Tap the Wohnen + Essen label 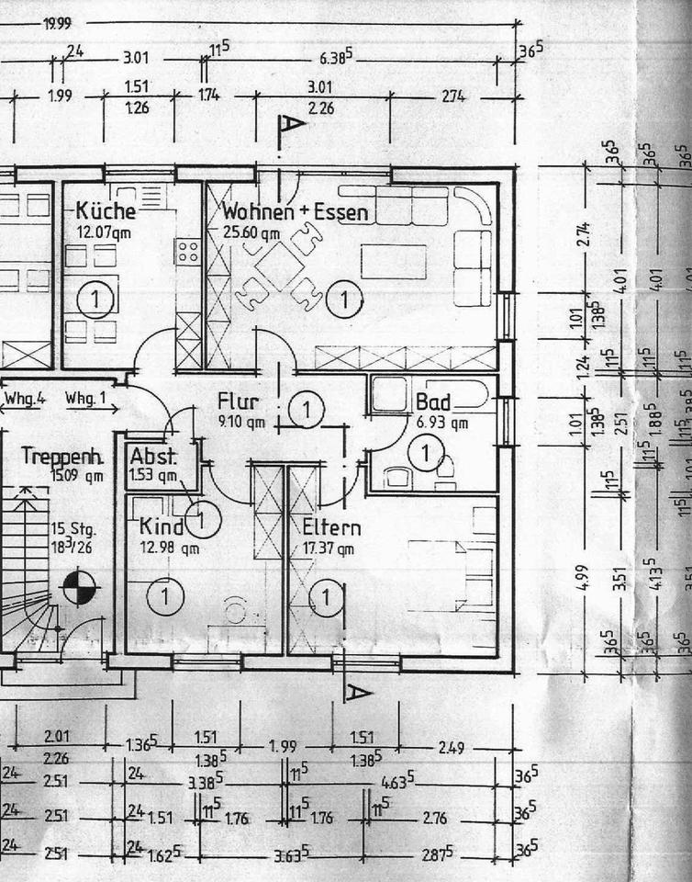(x=295, y=212)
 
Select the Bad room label (x=433, y=402)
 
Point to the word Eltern (x=331, y=527)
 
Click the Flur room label (x=238, y=401)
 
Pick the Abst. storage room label (x=152, y=456)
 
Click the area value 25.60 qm (x=251, y=232)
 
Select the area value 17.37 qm (x=329, y=549)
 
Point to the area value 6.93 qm (x=442, y=423)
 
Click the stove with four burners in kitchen (x=187, y=252)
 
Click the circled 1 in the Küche (x=95, y=298)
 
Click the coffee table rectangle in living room (x=393, y=261)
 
